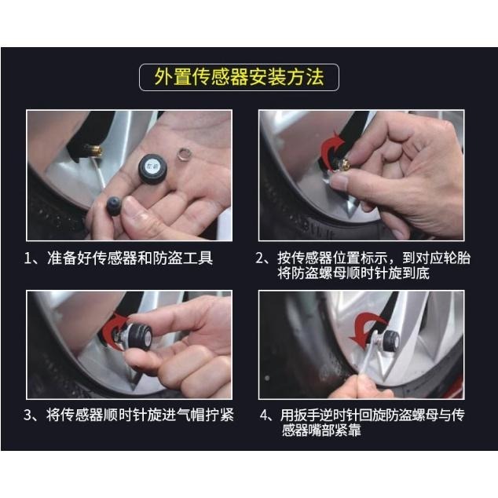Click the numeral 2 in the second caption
(263, 258)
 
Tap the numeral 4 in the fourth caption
(264, 416)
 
